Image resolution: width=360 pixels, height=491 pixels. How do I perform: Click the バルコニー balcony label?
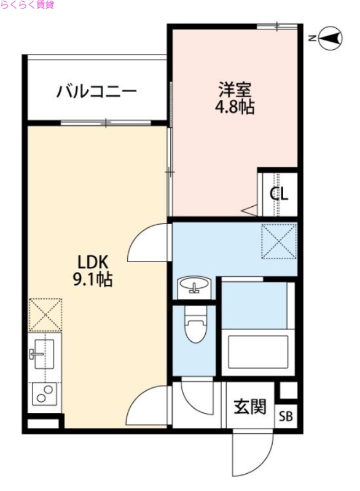(x=96, y=92)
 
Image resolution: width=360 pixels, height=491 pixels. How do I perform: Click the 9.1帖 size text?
(x=93, y=280)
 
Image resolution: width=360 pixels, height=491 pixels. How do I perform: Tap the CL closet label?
(x=280, y=193)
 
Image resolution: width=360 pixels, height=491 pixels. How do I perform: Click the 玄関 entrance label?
(x=250, y=406)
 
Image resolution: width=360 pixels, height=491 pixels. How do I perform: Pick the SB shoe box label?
(x=286, y=417)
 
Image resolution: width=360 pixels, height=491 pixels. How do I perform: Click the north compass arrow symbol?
(x=329, y=39)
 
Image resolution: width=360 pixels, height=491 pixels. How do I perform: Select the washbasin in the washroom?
(x=194, y=286)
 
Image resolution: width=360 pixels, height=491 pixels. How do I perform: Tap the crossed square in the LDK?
(x=45, y=314)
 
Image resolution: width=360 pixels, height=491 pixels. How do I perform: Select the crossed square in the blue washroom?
(x=278, y=241)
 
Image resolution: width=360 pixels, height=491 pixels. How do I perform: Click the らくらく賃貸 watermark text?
(x=28, y=5)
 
